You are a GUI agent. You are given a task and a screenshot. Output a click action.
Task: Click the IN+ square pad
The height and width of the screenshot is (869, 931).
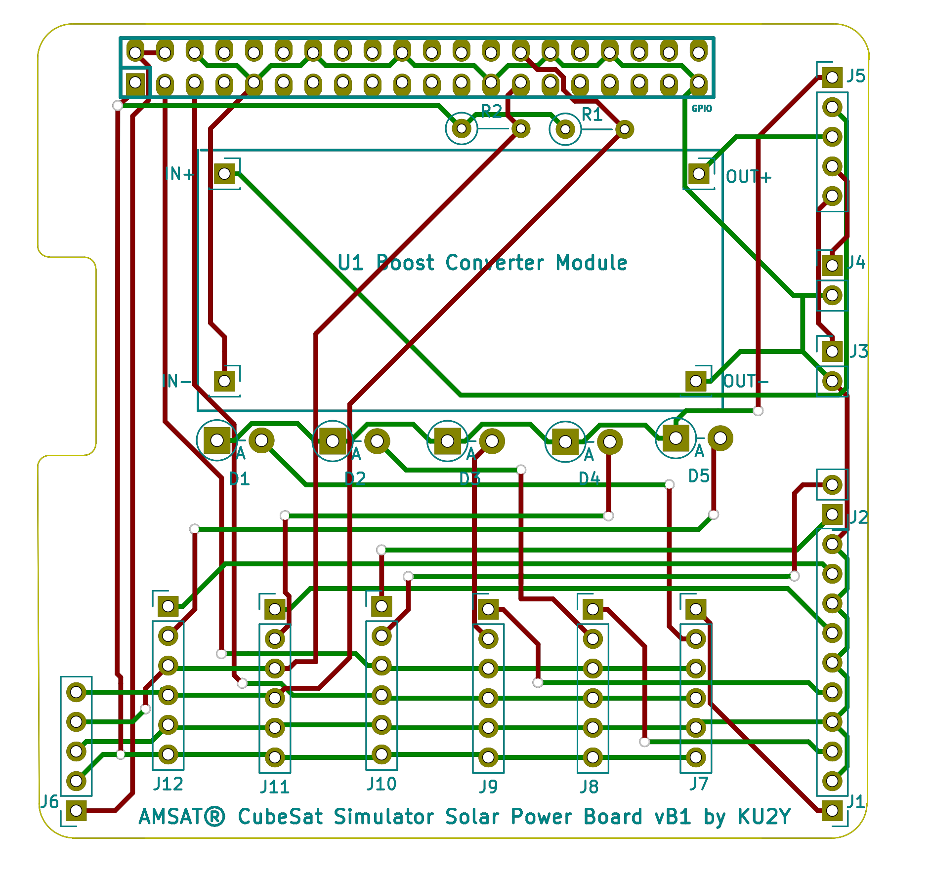224,174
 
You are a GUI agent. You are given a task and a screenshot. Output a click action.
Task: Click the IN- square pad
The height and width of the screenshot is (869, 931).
224,381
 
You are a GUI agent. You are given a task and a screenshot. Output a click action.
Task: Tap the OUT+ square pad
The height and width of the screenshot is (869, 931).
699,174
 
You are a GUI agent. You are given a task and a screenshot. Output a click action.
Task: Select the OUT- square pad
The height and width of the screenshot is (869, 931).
696,381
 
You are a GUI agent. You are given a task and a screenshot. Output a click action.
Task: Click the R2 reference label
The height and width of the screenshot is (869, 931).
491,112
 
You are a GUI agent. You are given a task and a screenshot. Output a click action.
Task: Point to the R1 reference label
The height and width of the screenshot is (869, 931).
592,115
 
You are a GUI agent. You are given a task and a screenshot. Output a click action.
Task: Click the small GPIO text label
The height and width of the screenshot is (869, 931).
702,109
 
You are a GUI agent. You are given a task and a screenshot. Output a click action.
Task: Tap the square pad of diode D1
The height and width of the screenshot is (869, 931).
217,440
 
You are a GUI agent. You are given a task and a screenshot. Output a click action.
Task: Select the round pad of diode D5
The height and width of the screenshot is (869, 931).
720,438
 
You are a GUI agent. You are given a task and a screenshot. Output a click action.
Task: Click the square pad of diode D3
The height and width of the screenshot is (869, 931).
447,440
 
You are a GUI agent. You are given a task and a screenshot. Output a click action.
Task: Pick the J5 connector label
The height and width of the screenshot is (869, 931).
856,76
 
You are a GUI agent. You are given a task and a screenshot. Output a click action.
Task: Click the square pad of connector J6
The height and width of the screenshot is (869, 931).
76,810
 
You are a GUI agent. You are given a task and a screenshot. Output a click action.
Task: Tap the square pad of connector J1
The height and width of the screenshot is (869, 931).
832,810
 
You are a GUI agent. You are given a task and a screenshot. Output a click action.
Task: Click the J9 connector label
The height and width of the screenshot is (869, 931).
488,787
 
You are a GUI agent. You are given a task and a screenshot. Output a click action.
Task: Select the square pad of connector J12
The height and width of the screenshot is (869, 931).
168,606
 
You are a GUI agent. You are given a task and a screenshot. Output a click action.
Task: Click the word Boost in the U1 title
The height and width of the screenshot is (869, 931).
405,263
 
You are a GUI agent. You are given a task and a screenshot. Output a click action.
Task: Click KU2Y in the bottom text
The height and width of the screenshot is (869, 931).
764,817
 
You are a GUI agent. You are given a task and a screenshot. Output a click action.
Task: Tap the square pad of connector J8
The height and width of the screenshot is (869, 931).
592,609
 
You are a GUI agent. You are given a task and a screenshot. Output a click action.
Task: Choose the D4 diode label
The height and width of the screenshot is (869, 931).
589,478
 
